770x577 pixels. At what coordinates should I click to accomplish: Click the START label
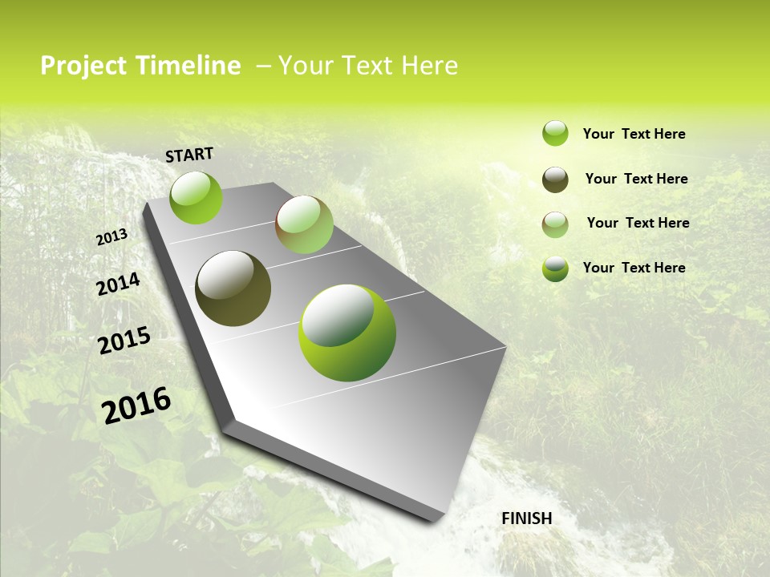[x=189, y=155]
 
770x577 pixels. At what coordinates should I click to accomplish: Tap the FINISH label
[x=526, y=518]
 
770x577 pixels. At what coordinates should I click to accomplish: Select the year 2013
[x=112, y=237]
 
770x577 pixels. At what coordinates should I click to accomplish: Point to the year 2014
[x=118, y=284]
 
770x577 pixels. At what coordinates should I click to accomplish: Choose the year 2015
[x=124, y=341]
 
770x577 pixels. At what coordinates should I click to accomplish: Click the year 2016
[x=136, y=405]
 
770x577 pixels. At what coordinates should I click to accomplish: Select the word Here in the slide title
[x=429, y=66]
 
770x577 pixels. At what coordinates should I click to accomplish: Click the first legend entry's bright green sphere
[x=555, y=134]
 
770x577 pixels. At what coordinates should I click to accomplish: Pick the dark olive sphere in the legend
[x=555, y=180]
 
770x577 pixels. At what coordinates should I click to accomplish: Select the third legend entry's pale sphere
[x=555, y=224]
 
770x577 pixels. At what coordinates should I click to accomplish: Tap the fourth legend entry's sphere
[x=555, y=268]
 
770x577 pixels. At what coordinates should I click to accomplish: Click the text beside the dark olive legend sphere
[x=636, y=179]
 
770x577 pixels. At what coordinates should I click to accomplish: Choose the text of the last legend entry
[x=634, y=268]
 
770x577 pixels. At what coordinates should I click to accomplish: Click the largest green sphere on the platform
[x=346, y=333]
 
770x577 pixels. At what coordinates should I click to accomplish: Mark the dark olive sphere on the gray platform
[x=233, y=288]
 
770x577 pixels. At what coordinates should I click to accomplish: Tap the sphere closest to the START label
[x=196, y=197]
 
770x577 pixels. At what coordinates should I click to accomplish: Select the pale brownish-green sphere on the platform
[x=304, y=224]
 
